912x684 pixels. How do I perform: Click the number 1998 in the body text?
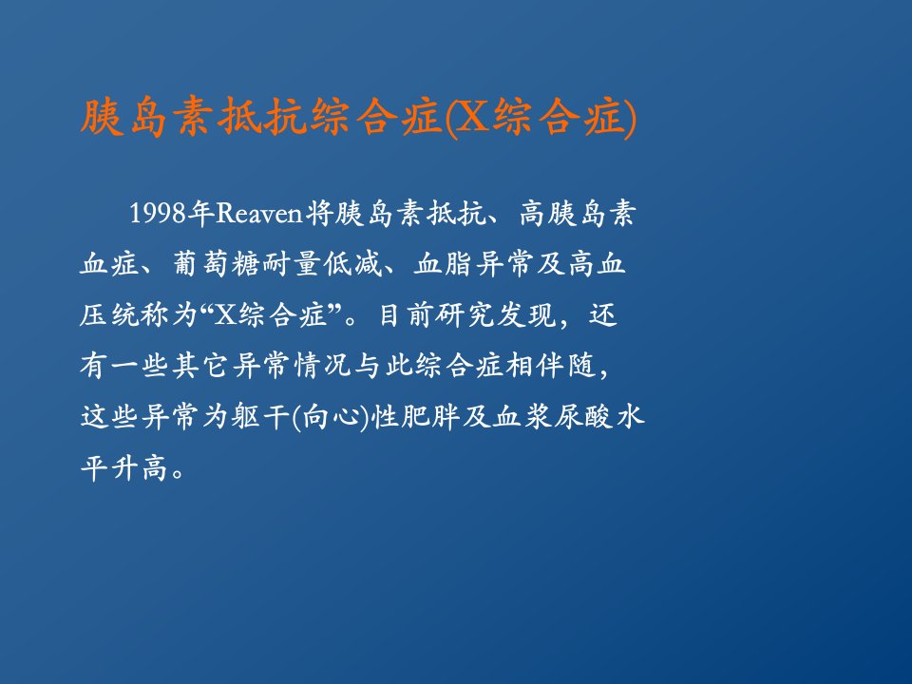158,214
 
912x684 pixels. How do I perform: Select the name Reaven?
259,214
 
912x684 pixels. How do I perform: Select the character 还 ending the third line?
602,314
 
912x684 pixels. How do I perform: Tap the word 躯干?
260,416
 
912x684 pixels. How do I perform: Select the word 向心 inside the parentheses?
330,416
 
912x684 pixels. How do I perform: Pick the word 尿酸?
582,416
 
